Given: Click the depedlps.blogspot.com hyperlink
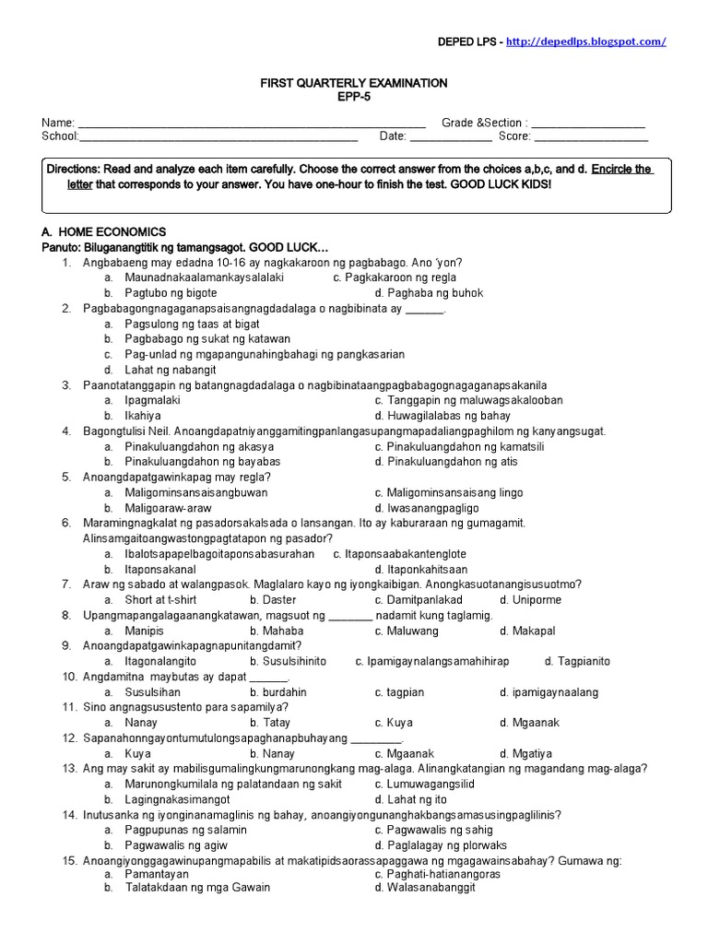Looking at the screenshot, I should click(x=598, y=41).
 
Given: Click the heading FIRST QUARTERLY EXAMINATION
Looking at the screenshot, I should click(x=354, y=83).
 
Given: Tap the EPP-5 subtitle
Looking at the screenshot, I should click(x=354, y=97).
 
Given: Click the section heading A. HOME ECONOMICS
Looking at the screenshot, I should click(x=103, y=232).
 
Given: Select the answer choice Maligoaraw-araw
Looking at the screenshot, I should click(x=169, y=508).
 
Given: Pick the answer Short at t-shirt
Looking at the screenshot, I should click(x=164, y=600).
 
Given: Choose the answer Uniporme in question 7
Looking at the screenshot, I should click(x=536, y=600).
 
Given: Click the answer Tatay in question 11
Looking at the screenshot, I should click(x=277, y=723).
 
